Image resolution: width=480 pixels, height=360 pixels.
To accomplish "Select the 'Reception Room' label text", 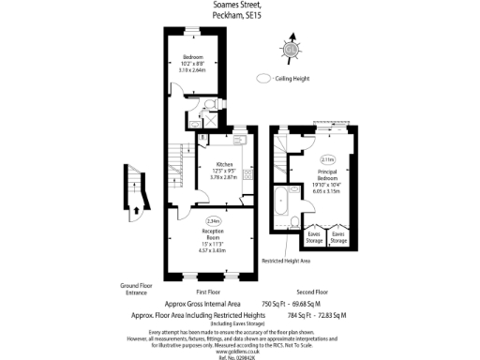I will point(212,232).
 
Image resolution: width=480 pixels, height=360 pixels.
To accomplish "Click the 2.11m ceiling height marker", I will point(327,159).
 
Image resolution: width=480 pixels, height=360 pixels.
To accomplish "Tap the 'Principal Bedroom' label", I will point(328,173).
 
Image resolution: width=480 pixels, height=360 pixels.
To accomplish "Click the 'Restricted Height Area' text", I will point(285,261).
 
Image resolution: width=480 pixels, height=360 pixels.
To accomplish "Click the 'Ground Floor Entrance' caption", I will point(135,288).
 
